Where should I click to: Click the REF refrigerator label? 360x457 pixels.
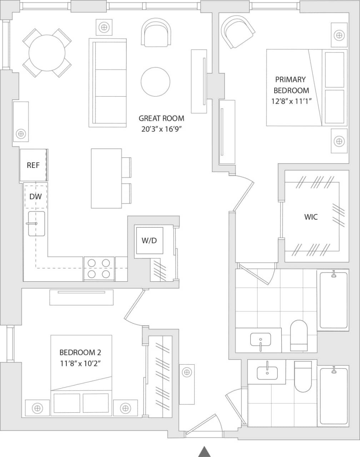33,165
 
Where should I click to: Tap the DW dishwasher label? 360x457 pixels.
35,196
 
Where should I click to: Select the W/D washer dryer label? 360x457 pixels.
149,240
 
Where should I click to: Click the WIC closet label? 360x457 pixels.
311,217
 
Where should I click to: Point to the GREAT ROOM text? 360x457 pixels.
161,118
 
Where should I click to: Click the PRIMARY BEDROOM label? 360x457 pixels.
291,85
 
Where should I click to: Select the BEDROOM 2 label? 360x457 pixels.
80,353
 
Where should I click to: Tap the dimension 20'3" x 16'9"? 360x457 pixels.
161,129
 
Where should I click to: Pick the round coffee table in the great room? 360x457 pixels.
155,82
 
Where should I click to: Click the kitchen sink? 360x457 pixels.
36,224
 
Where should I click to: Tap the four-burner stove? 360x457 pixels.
99,269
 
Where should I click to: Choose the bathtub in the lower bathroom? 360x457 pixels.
334,395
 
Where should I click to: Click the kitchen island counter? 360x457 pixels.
106,179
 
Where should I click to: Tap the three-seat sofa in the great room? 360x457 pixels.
108,82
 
